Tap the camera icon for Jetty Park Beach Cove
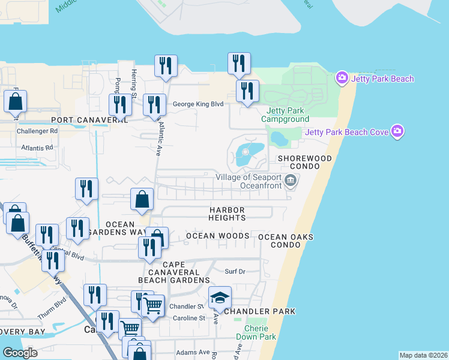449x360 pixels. click(x=397, y=131)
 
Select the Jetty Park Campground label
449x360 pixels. click(x=285, y=115)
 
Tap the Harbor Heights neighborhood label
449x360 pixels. click(x=227, y=214)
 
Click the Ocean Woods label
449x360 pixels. click(x=217, y=236)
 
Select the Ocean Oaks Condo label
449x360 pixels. click(x=286, y=241)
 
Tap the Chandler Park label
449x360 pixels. click(x=260, y=311)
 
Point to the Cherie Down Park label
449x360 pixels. click(x=260, y=332)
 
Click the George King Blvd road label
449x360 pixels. click(x=198, y=104)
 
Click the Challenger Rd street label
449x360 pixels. click(x=37, y=130)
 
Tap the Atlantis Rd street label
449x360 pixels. click(x=37, y=147)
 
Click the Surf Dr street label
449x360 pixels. click(x=235, y=271)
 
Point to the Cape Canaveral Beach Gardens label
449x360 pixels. click(x=173, y=272)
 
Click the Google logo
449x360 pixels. click(x=20, y=352)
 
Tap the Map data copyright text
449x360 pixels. click(x=423, y=355)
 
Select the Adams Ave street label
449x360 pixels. click(x=192, y=352)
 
